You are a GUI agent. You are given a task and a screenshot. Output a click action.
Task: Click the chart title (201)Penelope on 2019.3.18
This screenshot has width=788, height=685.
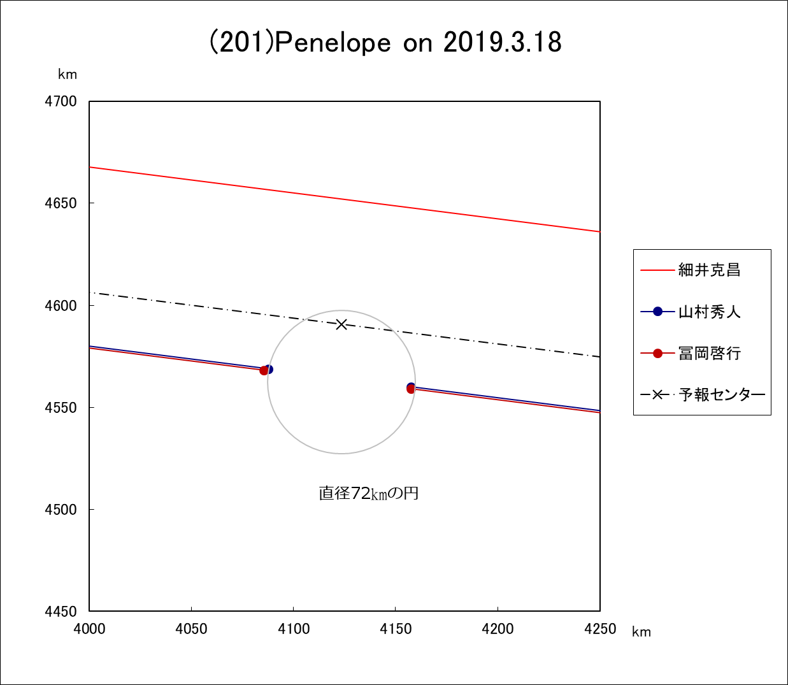385,43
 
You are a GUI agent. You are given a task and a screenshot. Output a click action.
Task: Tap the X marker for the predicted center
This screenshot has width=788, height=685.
341,324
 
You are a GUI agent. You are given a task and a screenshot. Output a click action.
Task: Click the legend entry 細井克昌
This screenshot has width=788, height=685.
709,270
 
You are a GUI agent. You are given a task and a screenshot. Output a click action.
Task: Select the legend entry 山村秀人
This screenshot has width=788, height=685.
709,312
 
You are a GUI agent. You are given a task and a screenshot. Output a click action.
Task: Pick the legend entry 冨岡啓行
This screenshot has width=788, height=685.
709,353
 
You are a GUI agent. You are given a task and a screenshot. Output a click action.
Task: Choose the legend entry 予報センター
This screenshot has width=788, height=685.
722,394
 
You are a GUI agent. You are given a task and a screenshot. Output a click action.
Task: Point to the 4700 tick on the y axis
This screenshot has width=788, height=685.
61,101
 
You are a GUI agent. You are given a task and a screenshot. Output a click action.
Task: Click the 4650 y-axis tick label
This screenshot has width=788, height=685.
61,203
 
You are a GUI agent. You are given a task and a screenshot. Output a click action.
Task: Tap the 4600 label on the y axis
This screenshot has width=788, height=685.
61,305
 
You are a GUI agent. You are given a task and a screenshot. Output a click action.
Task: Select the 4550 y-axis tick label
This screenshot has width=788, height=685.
61,407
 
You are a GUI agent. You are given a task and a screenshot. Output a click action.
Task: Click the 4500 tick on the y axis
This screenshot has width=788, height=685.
61,509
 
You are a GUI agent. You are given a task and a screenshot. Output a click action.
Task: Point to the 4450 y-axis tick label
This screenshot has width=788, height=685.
61,611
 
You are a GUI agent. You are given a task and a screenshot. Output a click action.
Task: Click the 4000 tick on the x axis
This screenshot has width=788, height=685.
90,629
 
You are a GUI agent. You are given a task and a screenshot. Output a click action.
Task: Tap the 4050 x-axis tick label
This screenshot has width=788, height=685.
192,629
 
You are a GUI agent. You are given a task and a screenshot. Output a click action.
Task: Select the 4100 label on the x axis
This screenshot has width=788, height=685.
294,629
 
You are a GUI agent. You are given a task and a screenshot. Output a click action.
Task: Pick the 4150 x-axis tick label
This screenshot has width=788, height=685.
396,629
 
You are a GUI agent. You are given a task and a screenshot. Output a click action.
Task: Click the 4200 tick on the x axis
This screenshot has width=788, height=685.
498,629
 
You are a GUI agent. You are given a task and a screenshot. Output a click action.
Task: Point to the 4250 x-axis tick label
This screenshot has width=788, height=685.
600,629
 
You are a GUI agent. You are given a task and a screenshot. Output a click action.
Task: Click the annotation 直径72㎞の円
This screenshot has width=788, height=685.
369,493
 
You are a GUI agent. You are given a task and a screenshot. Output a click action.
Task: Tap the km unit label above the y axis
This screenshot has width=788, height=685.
68,75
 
